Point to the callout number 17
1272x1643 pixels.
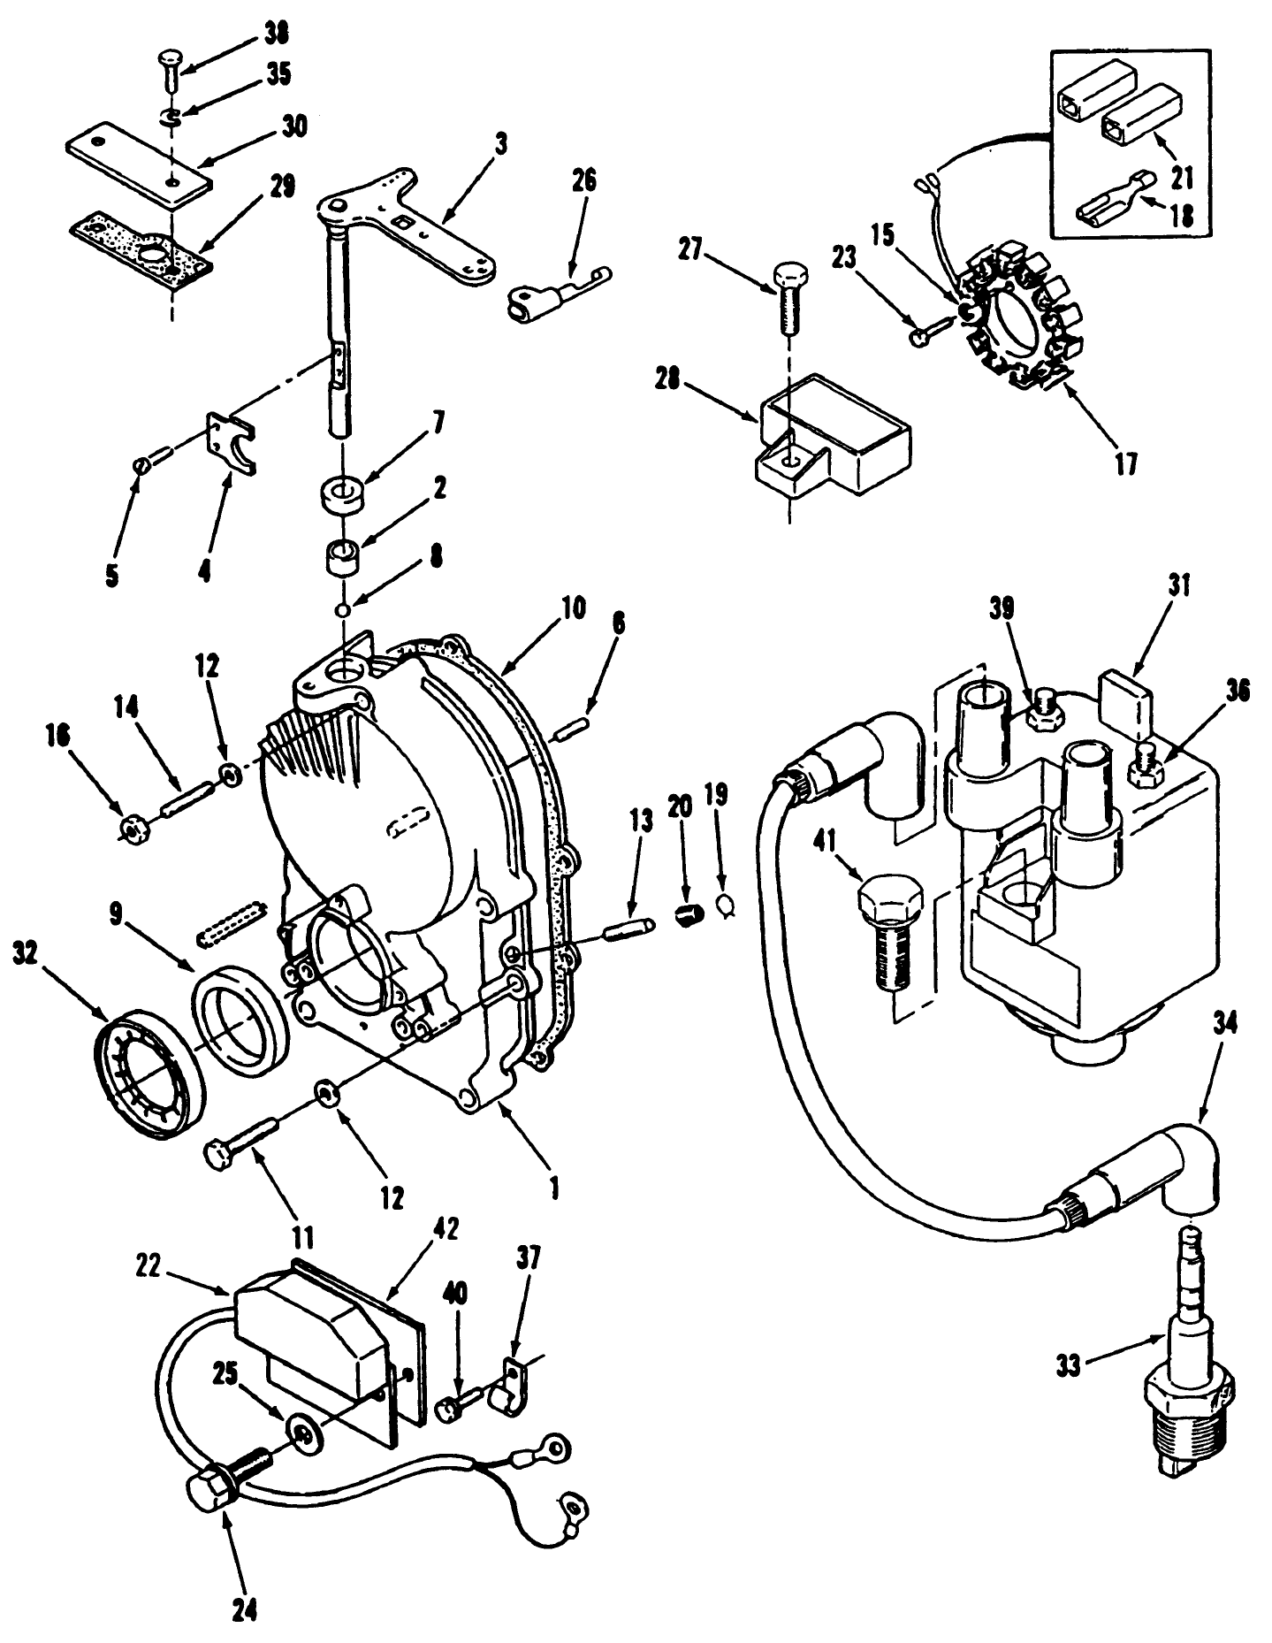coord(1124,462)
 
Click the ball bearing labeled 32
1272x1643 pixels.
coord(149,1076)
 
